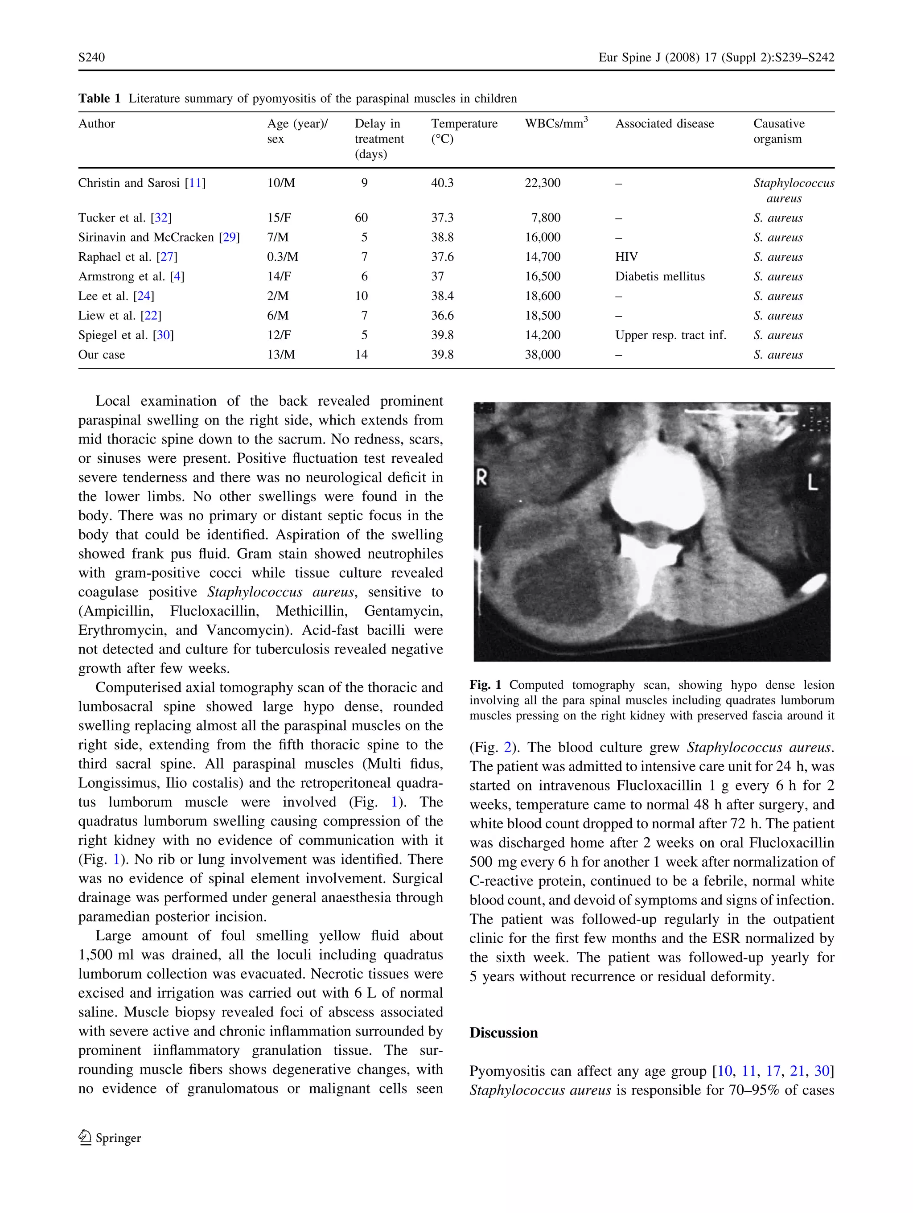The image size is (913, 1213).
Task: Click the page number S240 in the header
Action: [91, 58]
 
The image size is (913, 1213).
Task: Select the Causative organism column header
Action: [779, 131]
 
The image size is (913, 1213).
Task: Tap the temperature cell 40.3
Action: [442, 183]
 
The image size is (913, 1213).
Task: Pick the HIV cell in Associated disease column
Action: [626, 257]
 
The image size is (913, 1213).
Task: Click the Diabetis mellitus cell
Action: [660, 276]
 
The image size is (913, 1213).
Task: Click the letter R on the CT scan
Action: [481, 478]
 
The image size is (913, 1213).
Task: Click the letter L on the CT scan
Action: [813, 482]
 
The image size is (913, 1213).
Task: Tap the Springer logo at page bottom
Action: [110, 1138]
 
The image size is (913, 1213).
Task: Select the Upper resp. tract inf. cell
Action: [670, 335]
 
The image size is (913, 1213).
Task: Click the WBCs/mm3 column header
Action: [555, 124]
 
